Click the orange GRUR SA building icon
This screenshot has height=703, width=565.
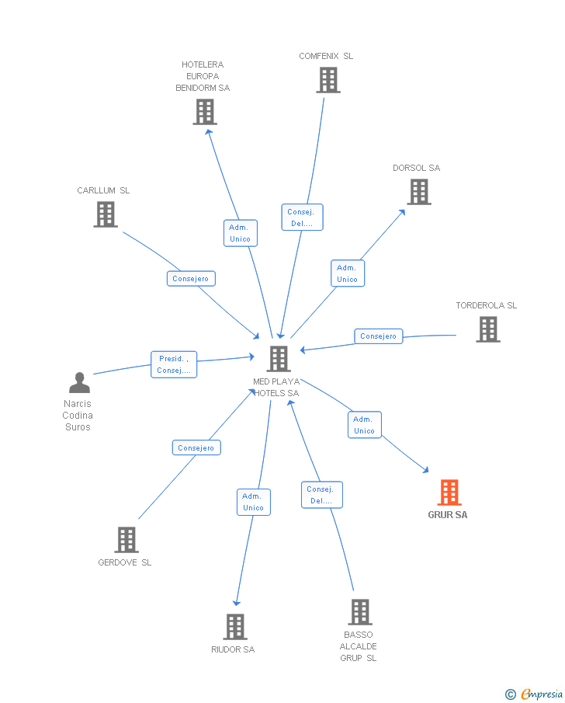449,492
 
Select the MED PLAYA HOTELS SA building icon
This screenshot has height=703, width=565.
279,359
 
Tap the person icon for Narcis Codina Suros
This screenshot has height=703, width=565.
79,383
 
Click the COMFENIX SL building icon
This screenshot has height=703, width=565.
328,80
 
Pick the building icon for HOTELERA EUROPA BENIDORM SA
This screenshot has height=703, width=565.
205,112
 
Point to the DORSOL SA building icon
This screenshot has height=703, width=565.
419,192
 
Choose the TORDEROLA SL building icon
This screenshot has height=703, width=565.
487,329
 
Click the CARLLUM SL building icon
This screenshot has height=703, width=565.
106,214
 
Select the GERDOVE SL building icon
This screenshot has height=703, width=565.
127,540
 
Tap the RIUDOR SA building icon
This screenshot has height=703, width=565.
235,627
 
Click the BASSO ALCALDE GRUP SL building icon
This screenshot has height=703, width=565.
359,612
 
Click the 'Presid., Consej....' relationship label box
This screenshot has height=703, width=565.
174,364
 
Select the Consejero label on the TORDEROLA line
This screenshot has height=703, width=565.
379,336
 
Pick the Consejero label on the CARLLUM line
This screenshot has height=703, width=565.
191,278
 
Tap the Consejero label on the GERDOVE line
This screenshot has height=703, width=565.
196,447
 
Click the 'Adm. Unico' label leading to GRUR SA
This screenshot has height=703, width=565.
364,425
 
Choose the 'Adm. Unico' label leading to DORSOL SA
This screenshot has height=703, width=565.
347,273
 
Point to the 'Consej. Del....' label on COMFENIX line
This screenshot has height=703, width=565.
302,218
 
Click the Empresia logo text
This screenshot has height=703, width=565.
542,694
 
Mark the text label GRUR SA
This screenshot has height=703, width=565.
448,515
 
